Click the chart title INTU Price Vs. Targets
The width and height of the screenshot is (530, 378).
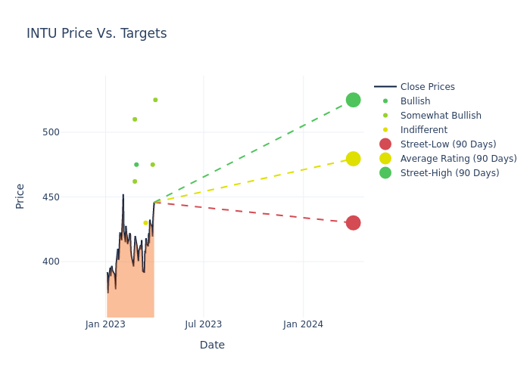(97, 34)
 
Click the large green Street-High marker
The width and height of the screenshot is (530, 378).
(353, 100)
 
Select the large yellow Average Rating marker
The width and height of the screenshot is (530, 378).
(353, 159)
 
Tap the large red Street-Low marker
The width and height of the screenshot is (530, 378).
(353, 223)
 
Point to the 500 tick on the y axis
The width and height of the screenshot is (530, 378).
(51, 132)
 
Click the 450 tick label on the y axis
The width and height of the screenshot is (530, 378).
(51, 197)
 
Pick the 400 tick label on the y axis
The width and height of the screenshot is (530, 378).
(51, 262)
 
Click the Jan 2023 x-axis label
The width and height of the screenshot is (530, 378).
(105, 324)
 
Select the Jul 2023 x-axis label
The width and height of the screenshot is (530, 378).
(204, 324)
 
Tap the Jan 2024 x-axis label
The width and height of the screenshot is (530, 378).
(303, 324)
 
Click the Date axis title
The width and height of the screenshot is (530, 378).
(212, 345)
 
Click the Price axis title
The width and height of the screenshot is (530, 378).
(20, 196)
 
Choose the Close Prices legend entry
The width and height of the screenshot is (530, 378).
(427, 87)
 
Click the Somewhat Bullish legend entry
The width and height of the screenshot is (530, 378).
(441, 116)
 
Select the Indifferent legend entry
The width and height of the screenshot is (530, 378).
(423, 130)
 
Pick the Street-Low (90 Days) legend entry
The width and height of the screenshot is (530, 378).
(447, 144)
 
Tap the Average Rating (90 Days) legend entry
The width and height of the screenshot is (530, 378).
(458, 159)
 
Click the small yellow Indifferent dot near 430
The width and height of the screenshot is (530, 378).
(145, 223)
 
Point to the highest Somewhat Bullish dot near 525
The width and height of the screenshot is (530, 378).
(155, 100)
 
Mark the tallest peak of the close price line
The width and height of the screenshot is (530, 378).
(123, 195)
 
